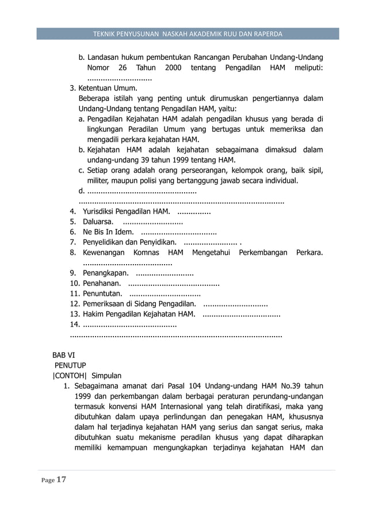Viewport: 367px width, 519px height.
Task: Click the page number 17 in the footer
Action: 62,480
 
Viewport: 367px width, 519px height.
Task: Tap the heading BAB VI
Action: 63,354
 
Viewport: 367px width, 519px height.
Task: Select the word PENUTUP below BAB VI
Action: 70,365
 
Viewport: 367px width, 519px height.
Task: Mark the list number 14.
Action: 74,325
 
